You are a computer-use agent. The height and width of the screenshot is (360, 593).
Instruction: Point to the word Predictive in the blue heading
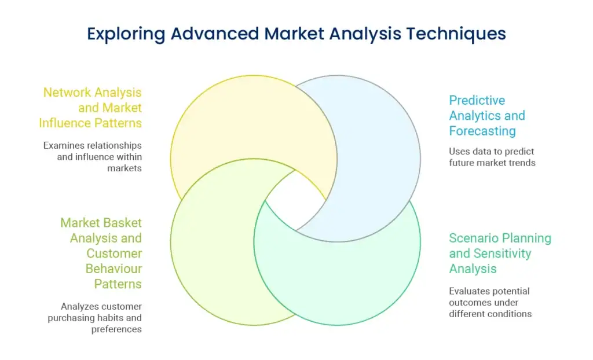point(477,101)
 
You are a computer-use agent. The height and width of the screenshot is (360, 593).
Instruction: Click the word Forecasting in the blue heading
point(482,131)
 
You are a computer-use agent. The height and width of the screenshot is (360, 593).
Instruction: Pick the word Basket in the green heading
point(122,223)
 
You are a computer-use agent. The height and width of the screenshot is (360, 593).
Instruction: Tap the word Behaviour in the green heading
point(114,269)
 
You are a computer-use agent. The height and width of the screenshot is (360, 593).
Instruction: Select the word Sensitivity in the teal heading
point(502,254)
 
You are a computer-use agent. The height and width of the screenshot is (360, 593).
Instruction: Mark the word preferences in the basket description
point(116,329)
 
